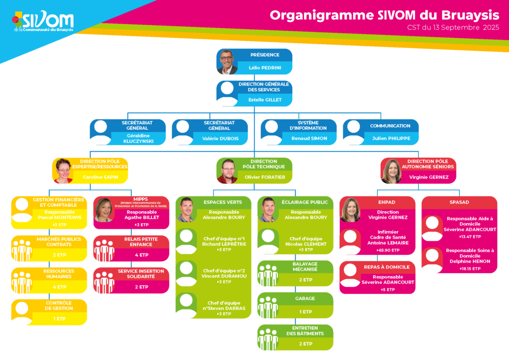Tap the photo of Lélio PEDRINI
coord(227,62)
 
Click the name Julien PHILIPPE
coord(391,139)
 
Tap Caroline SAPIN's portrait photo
coord(63,171)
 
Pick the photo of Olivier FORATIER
coord(227,171)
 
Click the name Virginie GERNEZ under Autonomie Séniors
coord(428,177)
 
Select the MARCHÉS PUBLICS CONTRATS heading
coord(59,242)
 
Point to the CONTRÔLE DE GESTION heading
coord(59,305)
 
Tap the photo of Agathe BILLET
coord(104,210)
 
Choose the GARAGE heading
coord(305,298)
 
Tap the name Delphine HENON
coord(470,262)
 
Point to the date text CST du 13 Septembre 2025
coord(453,28)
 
